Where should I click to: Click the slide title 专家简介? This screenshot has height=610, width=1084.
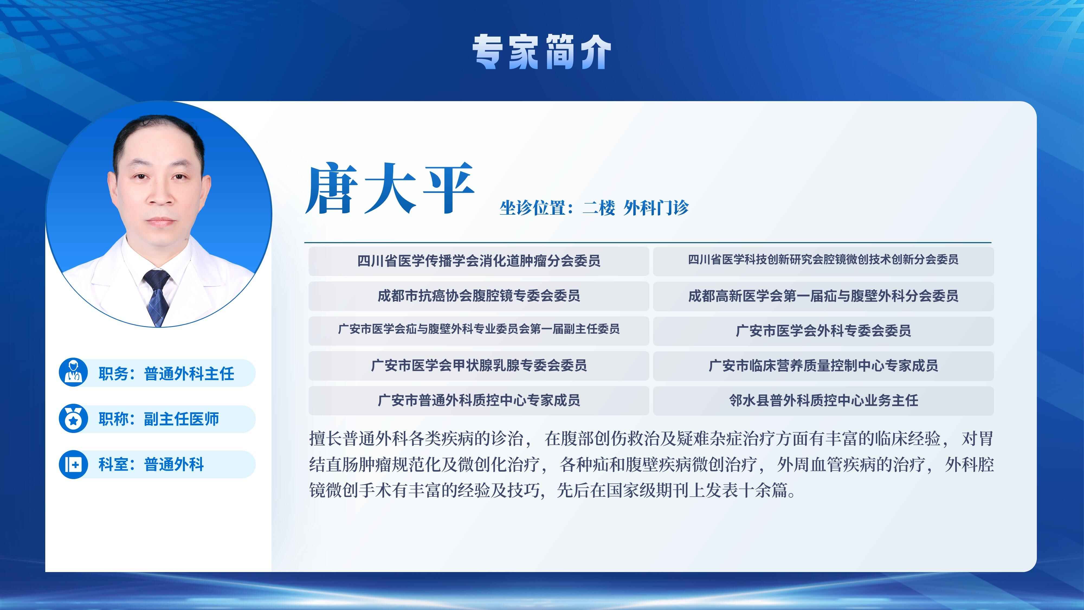coord(541,52)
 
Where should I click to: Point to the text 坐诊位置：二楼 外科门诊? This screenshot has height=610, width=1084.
coord(594,208)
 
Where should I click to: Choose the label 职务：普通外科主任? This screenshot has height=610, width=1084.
coord(166,373)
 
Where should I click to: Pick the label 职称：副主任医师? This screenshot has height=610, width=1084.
coord(159,419)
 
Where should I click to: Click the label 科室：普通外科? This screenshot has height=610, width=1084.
coord(151,464)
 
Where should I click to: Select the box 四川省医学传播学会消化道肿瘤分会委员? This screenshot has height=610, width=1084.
coord(479,261)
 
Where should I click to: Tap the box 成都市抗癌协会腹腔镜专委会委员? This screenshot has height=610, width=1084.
coord(479,296)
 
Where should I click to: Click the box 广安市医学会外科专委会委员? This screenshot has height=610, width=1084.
coord(823,331)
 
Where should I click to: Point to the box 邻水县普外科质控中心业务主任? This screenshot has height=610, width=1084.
coord(823,400)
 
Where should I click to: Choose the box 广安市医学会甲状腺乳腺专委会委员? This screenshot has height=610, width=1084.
coord(479,365)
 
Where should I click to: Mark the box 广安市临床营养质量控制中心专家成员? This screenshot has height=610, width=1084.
coord(823,365)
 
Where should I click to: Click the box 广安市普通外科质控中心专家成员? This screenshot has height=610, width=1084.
coord(479,400)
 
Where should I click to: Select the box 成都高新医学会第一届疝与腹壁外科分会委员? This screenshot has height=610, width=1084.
coord(823,296)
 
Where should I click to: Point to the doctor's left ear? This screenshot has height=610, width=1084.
coord(206,190)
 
